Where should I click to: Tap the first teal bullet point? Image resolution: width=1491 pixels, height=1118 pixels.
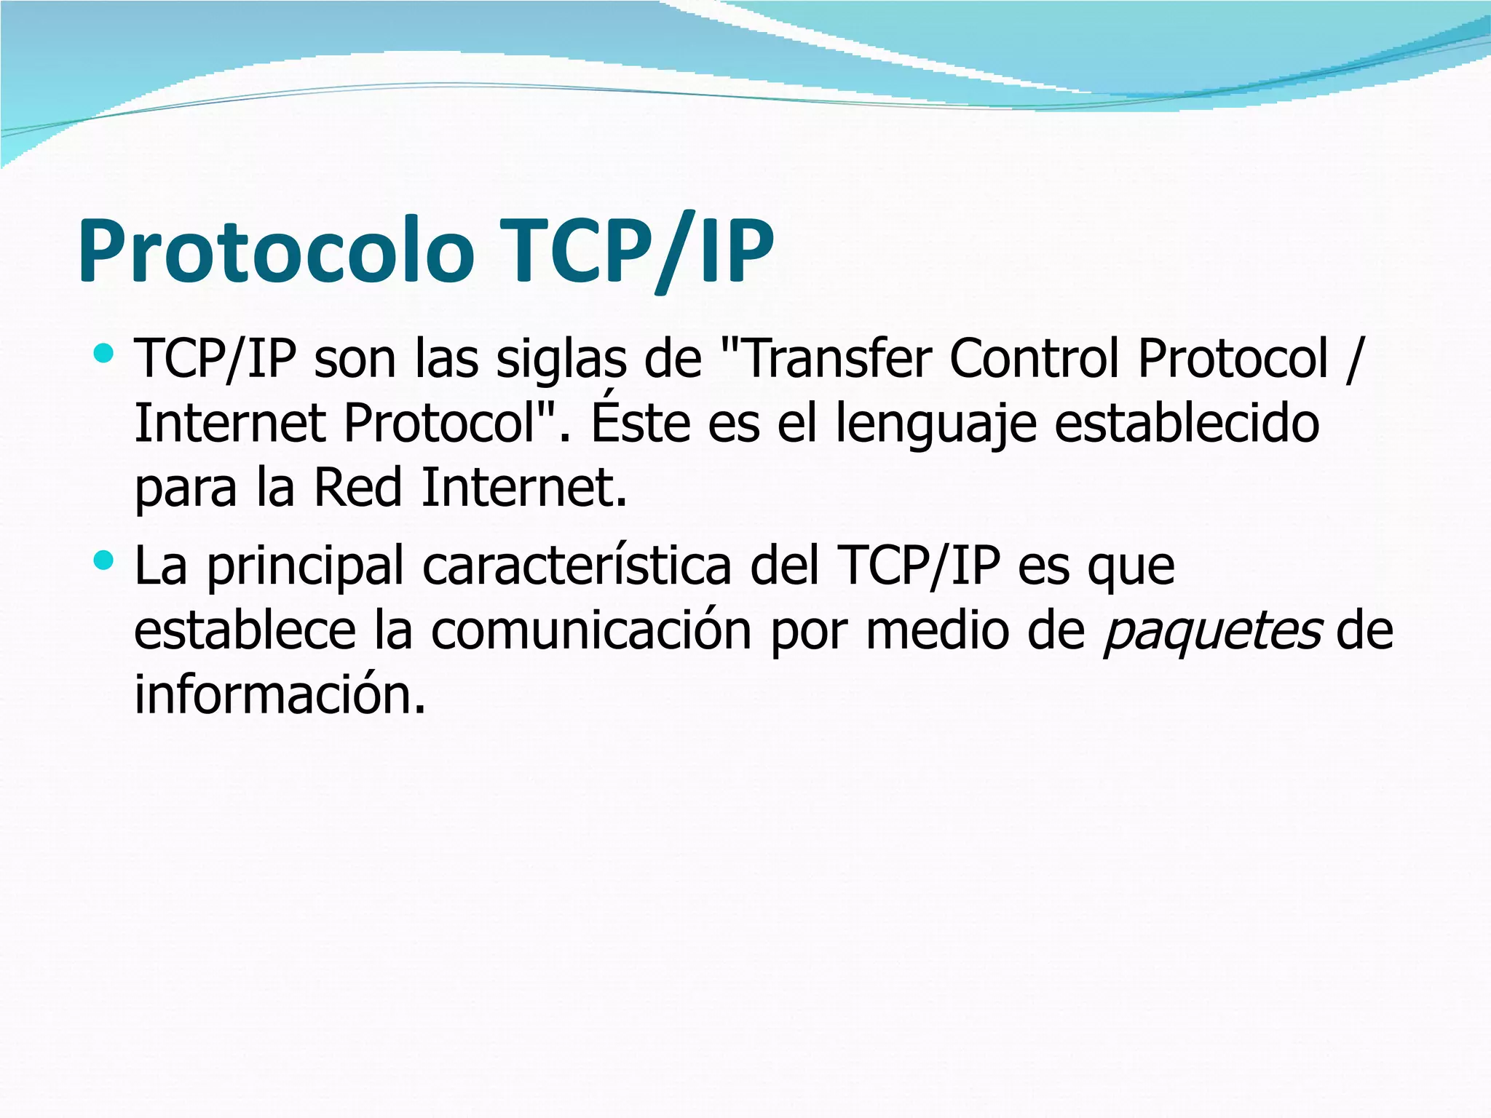[x=104, y=354]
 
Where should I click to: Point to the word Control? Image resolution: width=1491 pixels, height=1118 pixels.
[x=1034, y=360]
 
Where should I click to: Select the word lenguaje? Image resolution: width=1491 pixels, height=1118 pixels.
[x=936, y=424]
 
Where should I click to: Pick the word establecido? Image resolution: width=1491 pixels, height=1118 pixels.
[x=1187, y=424]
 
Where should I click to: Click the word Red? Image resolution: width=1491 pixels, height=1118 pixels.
[x=357, y=487]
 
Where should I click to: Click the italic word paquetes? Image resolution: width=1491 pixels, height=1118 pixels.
[x=1211, y=631]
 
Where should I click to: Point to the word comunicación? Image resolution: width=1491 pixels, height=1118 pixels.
[x=591, y=631]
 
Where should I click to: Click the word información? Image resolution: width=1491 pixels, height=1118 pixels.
[x=280, y=694]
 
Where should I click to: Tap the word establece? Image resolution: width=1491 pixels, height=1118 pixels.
[x=245, y=631]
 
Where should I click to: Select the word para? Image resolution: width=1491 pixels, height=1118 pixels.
[x=186, y=487]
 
